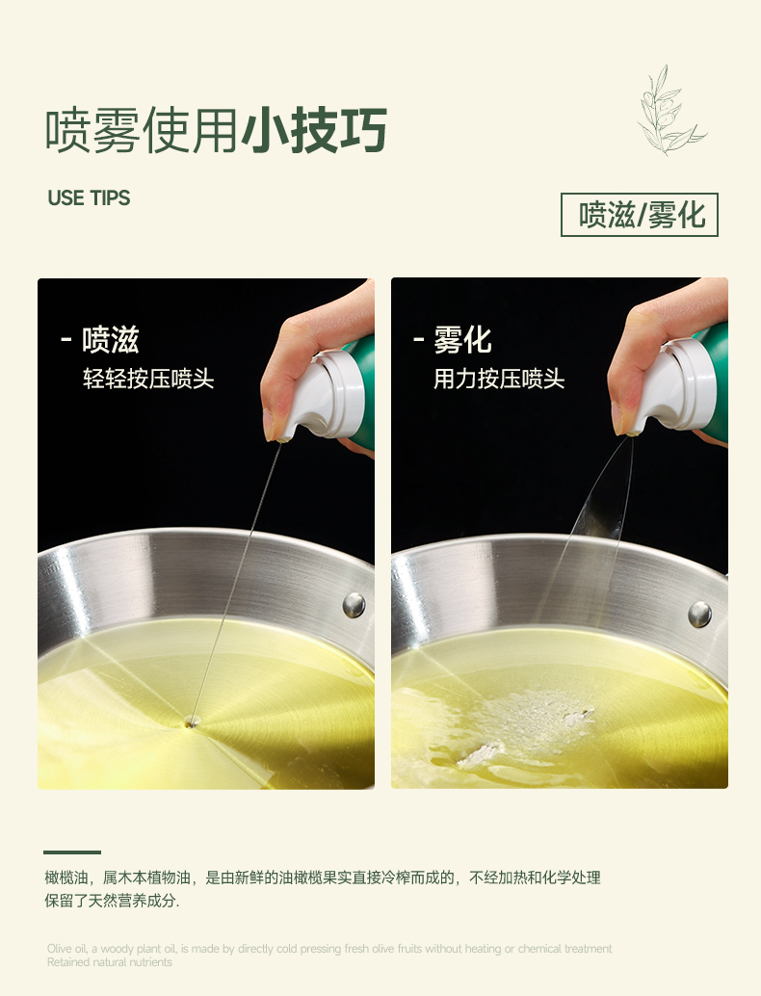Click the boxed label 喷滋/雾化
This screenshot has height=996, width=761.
(639, 215)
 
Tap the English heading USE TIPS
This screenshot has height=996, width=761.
(89, 198)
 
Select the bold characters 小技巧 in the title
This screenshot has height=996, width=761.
(314, 130)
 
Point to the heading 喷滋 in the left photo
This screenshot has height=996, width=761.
(111, 340)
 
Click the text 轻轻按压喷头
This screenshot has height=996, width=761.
(148, 379)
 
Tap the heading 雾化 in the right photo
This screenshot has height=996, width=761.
(462, 340)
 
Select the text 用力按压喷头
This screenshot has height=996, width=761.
(499, 379)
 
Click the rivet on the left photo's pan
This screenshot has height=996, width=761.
(354, 605)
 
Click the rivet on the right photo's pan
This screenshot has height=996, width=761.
(699, 614)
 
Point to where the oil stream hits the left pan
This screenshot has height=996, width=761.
(191, 721)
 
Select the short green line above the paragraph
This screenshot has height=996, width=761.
(72, 852)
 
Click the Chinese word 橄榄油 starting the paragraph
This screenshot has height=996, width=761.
(66, 878)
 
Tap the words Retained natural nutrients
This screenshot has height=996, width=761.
(109, 962)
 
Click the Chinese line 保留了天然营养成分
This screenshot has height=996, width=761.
(112, 901)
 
